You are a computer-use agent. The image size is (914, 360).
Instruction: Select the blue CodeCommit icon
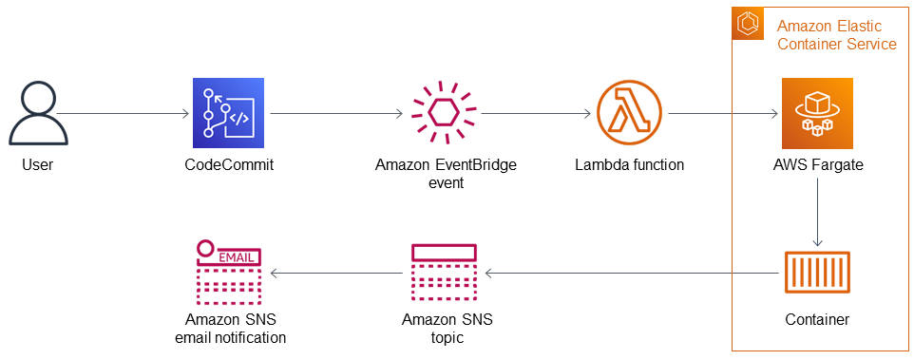click(x=228, y=114)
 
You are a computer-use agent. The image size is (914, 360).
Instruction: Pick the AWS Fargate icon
click(x=817, y=114)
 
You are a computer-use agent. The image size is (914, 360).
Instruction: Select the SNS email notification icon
click(x=229, y=272)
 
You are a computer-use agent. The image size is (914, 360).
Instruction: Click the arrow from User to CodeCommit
click(x=124, y=115)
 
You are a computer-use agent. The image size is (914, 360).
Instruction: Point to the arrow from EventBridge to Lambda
click(x=532, y=115)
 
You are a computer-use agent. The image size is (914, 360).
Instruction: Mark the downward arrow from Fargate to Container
click(x=817, y=214)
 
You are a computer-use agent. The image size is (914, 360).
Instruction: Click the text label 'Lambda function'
click(x=629, y=164)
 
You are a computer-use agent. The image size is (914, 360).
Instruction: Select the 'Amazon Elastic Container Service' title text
click(x=836, y=34)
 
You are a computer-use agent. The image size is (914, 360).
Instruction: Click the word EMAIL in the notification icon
click(x=238, y=256)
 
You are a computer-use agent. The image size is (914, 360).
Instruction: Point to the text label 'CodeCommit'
click(x=229, y=164)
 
